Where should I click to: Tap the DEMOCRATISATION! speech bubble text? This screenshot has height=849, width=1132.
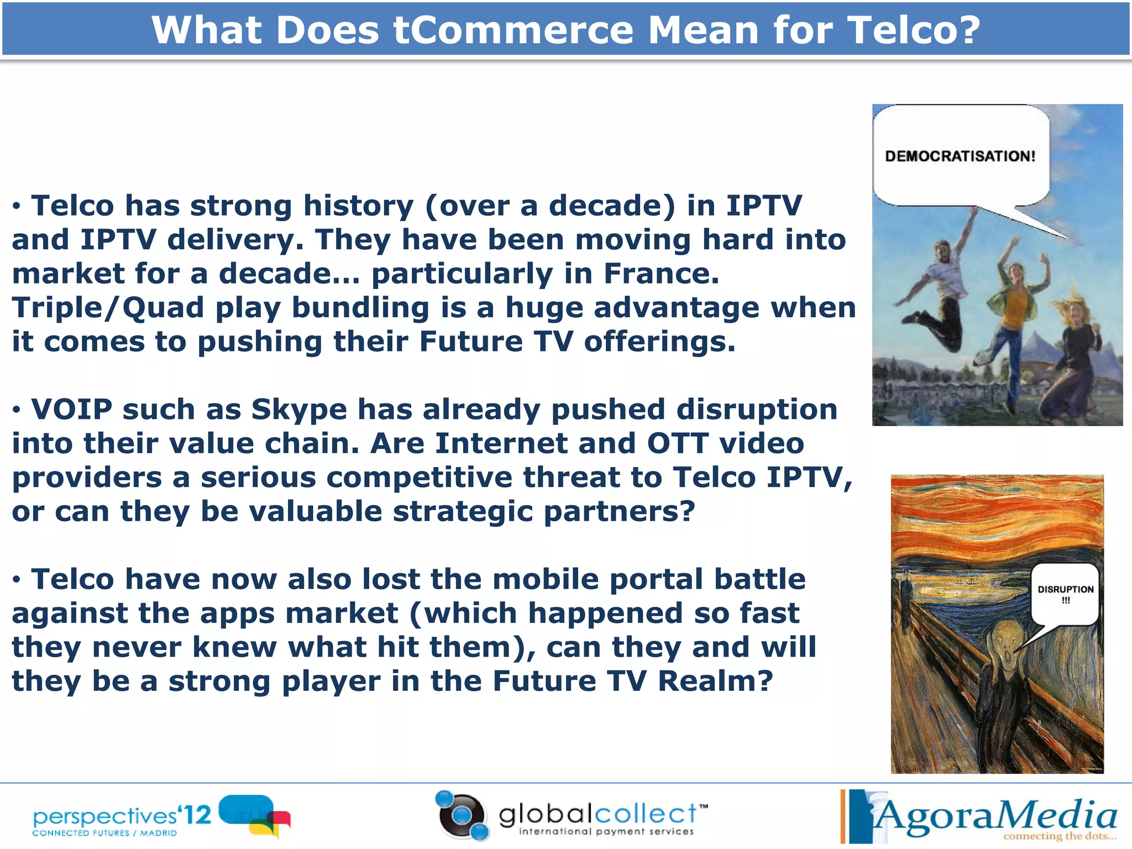point(960,156)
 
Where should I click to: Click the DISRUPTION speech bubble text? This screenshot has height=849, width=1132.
point(1065,590)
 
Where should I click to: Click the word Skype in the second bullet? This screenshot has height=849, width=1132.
point(298,410)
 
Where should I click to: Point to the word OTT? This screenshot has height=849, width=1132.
point(678,444)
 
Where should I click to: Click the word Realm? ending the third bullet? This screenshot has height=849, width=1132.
point(715,681)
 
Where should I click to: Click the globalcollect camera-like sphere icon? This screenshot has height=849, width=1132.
point(462,815)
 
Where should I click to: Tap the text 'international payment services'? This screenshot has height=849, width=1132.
point(606,832)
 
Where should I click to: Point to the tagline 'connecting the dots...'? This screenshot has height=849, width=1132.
point(1059,836)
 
